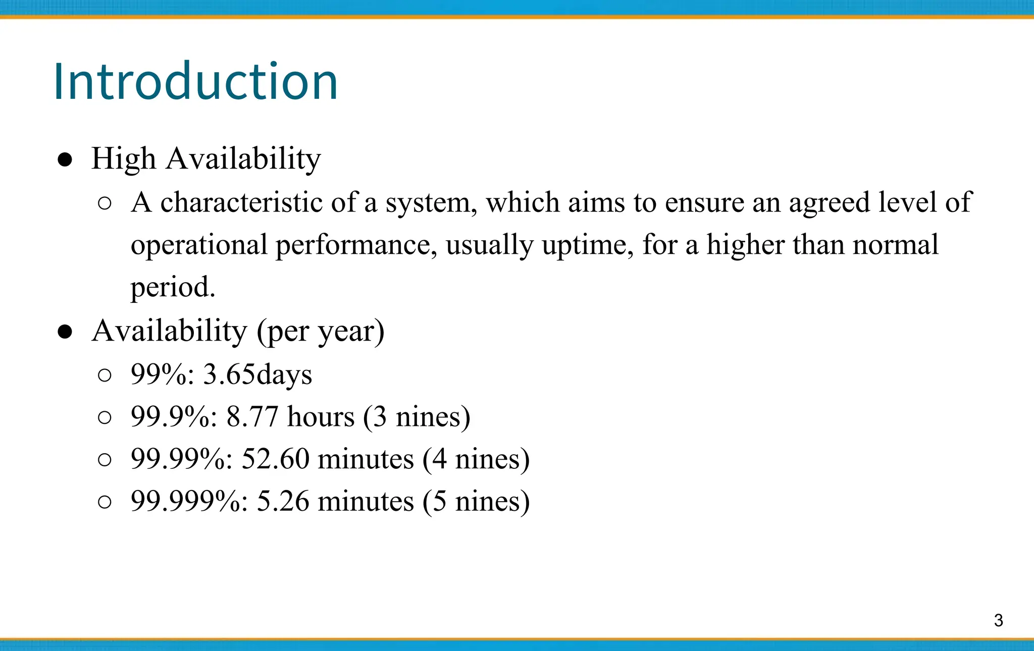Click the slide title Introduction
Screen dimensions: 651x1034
195,82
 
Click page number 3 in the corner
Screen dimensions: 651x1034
998,620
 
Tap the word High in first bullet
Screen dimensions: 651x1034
123,159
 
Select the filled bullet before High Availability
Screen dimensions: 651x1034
65,160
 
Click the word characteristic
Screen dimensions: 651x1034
241,203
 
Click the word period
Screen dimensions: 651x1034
172,288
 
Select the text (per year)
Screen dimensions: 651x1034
321,332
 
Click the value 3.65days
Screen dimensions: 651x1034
257,375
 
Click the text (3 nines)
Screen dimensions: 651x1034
417,417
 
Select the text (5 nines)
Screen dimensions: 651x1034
476,502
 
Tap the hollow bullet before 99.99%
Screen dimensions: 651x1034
105,460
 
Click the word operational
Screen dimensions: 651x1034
199,246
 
